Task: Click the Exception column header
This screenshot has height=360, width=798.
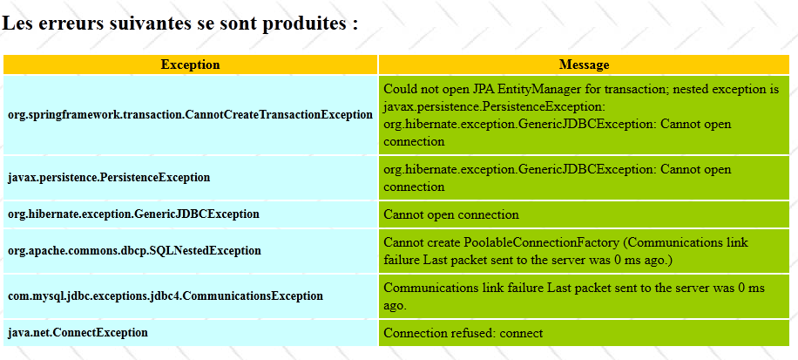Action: click(x=190, y=65)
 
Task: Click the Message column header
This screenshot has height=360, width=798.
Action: click(x=584, y=65)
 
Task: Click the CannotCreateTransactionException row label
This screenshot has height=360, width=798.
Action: click(x=190, y=114)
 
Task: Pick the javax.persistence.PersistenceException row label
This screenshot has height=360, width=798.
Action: click(x=109, y=178)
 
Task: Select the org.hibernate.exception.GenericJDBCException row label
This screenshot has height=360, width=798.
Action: click(x=133, y=214)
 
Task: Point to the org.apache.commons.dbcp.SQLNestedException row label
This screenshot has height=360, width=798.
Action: click(x=134, y=251)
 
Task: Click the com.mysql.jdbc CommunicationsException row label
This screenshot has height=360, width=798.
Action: click(x=166, y=295)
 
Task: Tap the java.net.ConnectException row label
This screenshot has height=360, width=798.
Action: click(x=78, y=333)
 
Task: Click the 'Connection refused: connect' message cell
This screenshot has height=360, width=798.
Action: click(x=584, y=333)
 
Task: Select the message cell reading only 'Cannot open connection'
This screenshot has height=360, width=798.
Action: click(x=584, y=214)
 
